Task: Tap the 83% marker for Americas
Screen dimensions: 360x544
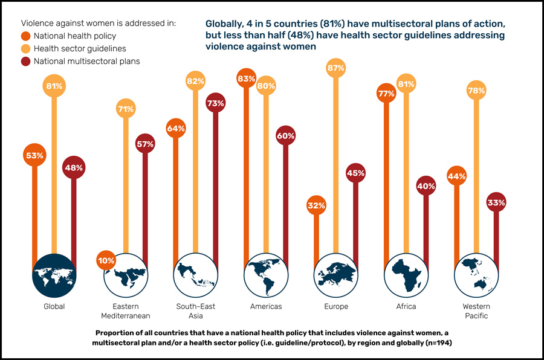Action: pos(247,79)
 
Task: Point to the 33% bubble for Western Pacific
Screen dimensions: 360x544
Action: pos(496,202)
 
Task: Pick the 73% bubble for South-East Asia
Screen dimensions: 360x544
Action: pos(215,104)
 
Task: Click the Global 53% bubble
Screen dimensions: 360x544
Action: pos(34,155)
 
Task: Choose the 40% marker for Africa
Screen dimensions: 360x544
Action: pos(426,186)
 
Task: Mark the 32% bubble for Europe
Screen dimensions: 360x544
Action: pos(316,205)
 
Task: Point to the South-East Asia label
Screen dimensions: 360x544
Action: pos(195,311)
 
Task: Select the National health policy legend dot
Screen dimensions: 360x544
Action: pos(26,36)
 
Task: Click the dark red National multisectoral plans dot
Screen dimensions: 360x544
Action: pos(26,61)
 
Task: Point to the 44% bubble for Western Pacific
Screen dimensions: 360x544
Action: pos(456,176)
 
